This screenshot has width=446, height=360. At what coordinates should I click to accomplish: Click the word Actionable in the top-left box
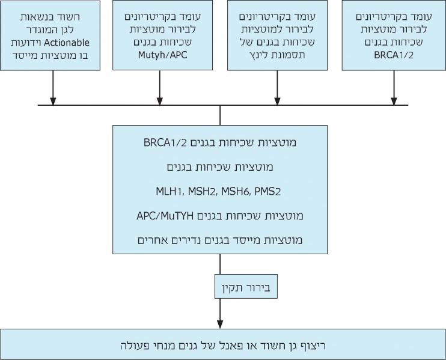(x=69, y=41)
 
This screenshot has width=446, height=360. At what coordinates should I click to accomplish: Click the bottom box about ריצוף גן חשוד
(x=222, y=344)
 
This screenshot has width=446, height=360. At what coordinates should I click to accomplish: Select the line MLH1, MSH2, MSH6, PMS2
(x=219, y=191)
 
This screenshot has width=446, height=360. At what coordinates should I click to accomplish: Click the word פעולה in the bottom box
(x=134, y=345)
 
